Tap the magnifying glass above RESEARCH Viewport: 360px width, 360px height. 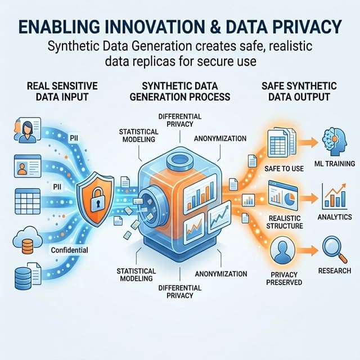(335, 250)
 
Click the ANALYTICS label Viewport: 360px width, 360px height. (335, 217)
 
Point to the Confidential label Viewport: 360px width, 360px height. (69, 250)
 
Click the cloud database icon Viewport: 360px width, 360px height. (28, 240)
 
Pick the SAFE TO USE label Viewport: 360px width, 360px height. (284, 169)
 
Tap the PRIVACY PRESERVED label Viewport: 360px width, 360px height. (284, 278)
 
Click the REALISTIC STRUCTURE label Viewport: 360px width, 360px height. (285, 222)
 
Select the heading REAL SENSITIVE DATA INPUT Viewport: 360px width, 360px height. (62, 91)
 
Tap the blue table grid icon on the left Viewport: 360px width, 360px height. (28, 201)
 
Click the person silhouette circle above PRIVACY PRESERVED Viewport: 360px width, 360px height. (282, 250)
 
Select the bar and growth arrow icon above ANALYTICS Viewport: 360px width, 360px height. (335, 196)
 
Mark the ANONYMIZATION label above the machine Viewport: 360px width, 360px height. (220, 138)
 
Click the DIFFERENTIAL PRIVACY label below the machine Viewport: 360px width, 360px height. (180, 291)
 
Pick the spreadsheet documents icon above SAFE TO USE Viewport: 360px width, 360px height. (282, 142)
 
